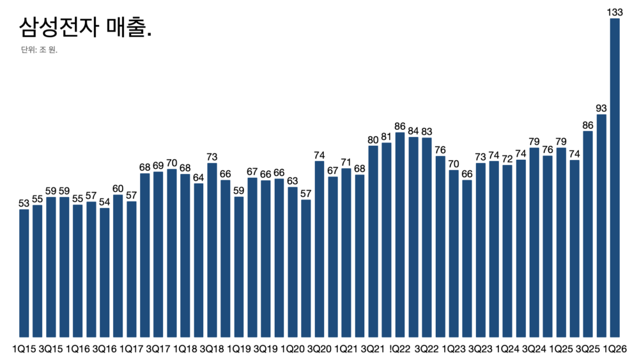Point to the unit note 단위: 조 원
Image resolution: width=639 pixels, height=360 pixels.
[x=39, y=50]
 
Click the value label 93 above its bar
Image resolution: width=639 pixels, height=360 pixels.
[x=602, y=107]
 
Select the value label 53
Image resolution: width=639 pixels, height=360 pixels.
[x=24, y=203]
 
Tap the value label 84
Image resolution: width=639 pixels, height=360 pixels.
[x=413, y=131]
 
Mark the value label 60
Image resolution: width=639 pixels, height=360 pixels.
[x=118, y=189]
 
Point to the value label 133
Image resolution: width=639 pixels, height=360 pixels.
[x=615, y=12]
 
